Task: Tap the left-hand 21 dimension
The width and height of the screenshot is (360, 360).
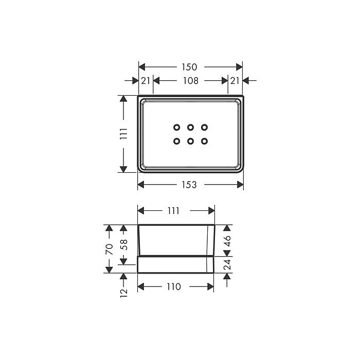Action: click(146, 81)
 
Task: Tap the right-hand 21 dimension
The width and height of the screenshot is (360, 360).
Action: click(235, 81)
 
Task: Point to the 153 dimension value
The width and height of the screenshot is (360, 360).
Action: click(189, 185)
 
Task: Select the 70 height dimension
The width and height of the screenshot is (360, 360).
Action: click(109, 250)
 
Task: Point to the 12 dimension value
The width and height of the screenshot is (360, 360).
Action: click(124, 294)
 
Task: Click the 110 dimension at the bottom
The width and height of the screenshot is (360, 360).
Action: click(174, 286)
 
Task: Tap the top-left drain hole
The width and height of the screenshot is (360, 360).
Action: click(176, 127)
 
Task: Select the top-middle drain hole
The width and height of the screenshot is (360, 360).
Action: click(190, 127)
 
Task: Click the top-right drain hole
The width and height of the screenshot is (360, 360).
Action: click(204, 127)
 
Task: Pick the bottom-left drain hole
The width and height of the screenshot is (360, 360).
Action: click(176, 141)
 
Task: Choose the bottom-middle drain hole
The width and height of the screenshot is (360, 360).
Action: click(190, 141)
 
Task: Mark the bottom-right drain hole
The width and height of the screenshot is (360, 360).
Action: click(204, 141)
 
